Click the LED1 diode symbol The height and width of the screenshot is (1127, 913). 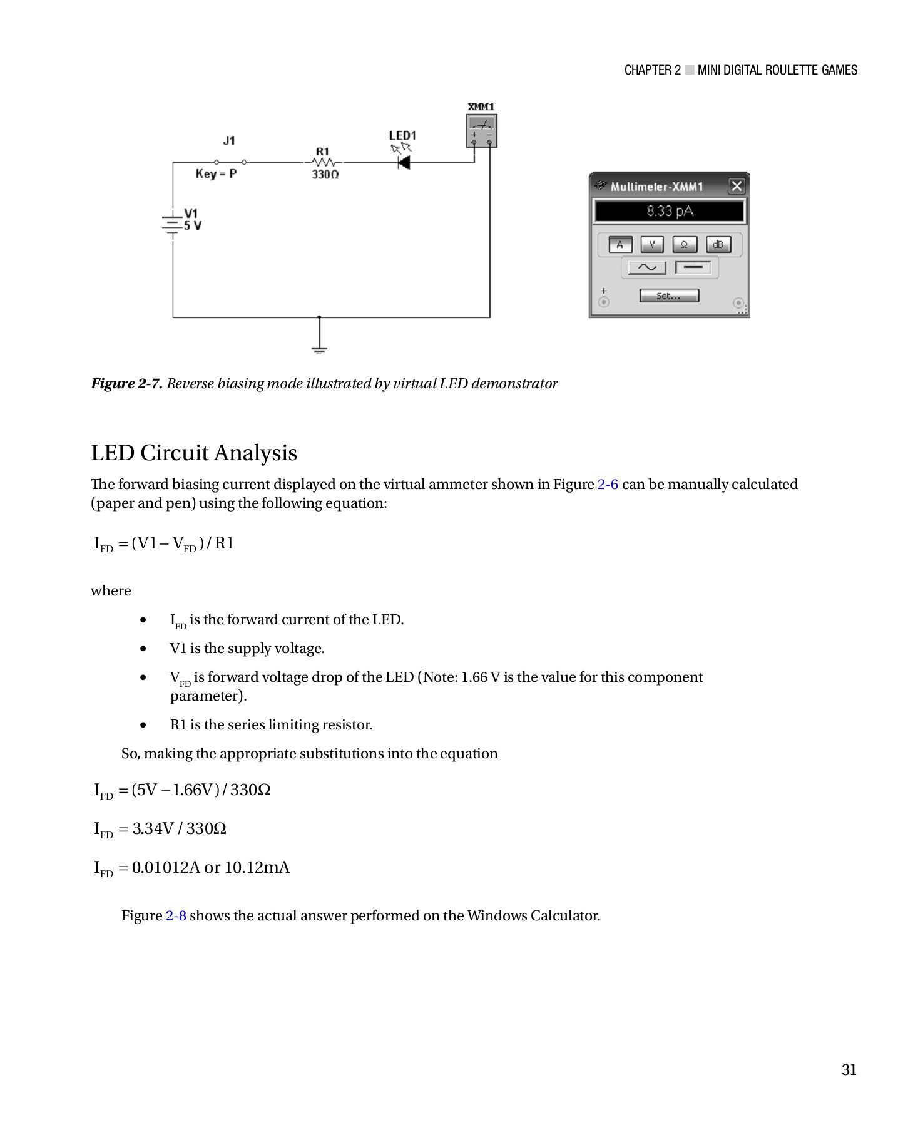(404, 163)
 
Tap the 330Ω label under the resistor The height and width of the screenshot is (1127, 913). (325, 175)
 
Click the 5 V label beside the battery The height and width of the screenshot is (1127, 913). (193, 226)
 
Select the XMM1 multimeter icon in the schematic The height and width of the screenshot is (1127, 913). (482, 131)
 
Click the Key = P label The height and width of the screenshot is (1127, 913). (216, 174)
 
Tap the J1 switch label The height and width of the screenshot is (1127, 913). (229, 141)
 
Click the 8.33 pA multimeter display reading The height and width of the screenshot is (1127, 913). (669, 211)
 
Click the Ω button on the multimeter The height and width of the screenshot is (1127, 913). (685, 245)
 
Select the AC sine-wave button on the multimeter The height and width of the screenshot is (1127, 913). (646, 268)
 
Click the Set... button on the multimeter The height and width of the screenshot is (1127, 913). (668, 296)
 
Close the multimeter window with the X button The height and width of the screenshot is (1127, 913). (737, 186)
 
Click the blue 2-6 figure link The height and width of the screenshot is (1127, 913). (608, 485)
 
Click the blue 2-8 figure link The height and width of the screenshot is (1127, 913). (176, 916)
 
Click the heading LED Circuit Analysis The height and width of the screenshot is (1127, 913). (194, 453)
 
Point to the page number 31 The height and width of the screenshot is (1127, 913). (849, 1070)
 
